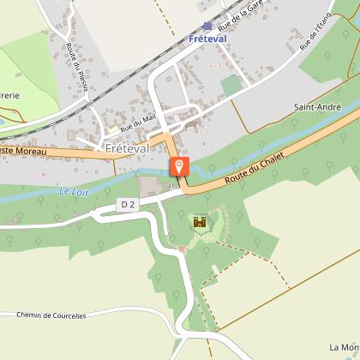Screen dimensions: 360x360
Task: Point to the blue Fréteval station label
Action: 207,39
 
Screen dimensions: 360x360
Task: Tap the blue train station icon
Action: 207,27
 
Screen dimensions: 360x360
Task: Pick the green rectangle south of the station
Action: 231,86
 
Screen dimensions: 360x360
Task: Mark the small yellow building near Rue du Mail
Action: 112,129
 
